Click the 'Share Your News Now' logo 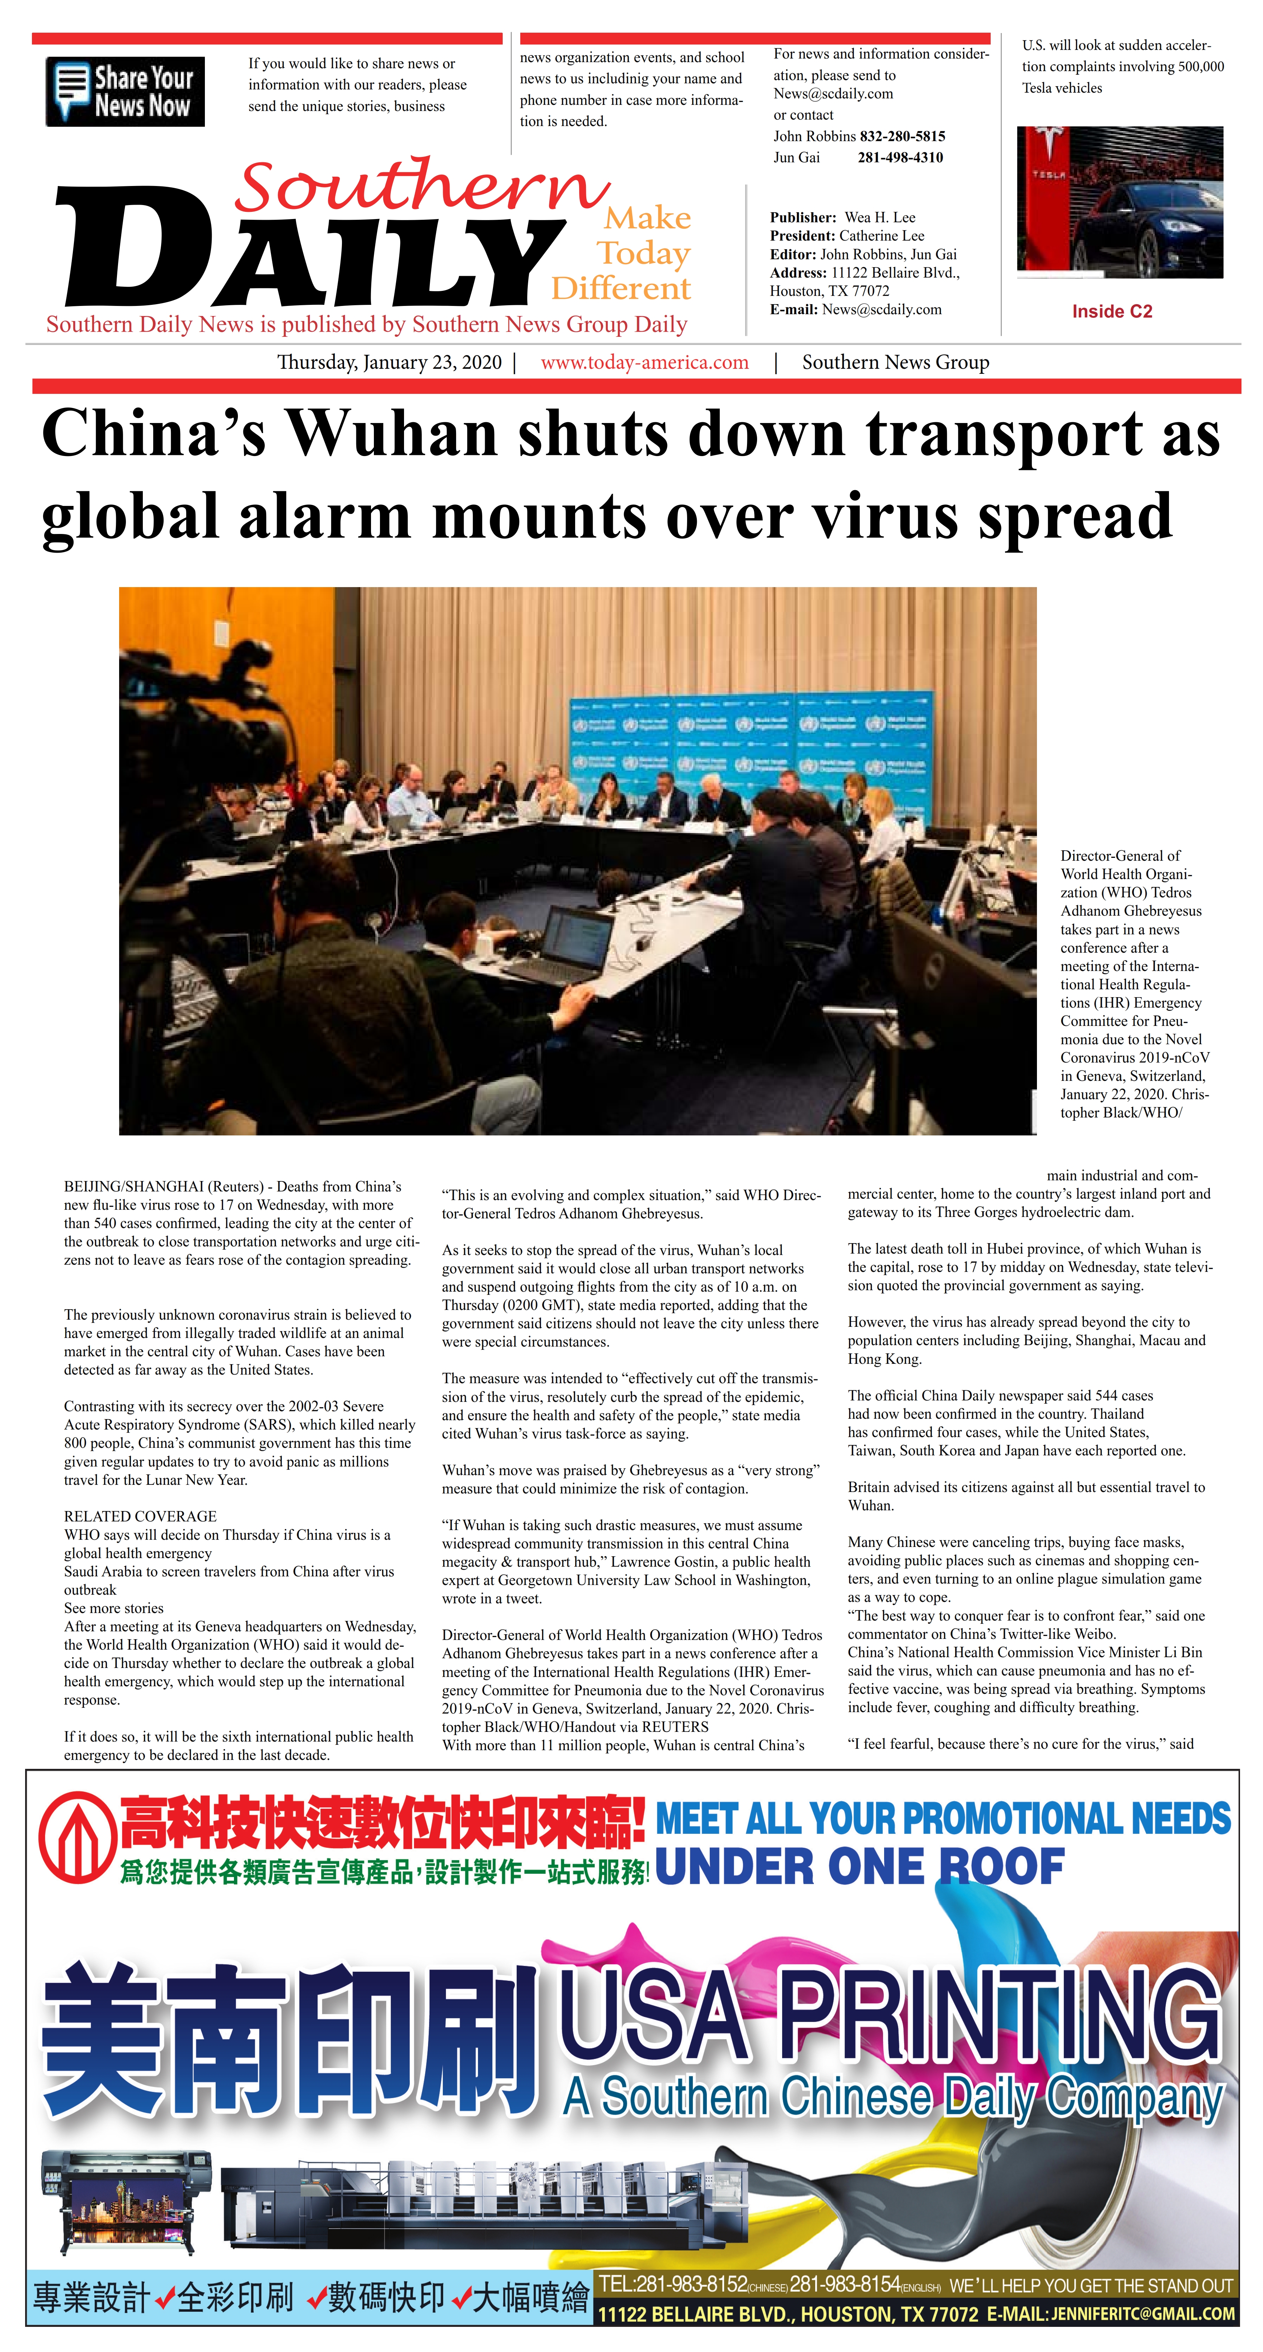[125, 91]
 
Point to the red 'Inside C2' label [1112, 311]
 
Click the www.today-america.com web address [644, 362]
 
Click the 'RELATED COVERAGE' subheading [140, 1516]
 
